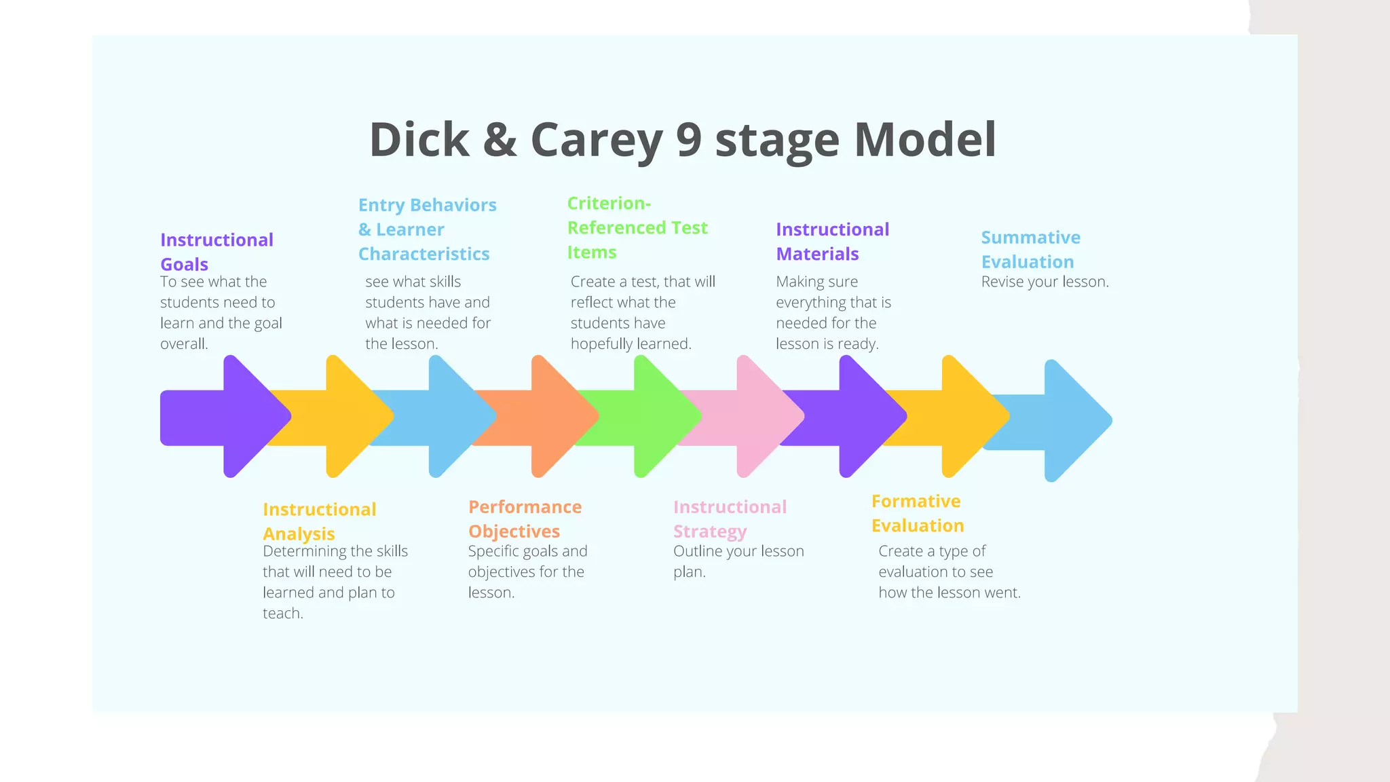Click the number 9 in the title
[x=688, y=140]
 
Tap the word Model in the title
[x=924, y=140]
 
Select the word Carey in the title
[x=596, y=141]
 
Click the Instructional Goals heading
[x=217, y=252]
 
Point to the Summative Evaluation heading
[x=1030, y=250]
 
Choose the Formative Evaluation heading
[x=917, y=513]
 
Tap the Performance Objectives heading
[x=525, y=519]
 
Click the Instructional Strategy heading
[x=730, y=519]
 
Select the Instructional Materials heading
[x=832, y=242]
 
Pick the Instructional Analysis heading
[x=319, y=521]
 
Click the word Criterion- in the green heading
[x=609, y=204]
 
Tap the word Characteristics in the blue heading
[x=424, y=254]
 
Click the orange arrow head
[x=560, y=416]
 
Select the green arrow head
[x=663, y=416]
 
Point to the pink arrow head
[x=766, y=416]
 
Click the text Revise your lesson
[x=1045, y=282]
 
